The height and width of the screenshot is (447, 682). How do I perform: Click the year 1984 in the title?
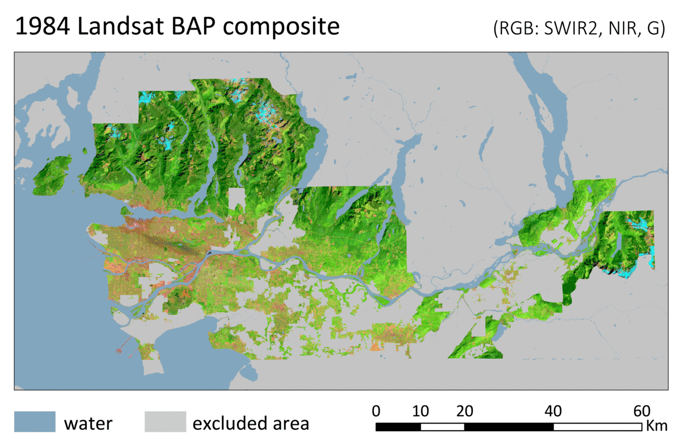pyautogui.click(x=43, y=27)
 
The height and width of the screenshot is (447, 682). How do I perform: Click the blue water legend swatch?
pyautogui.click(x=35, y=422)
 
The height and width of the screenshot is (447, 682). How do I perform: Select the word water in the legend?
pyautogui.click(x=88, y=424)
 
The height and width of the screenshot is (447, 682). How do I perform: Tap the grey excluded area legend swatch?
pyautogui.click(x=165, y=422)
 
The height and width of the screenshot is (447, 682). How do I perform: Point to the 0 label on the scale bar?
pyautogui.click(x=376, y=411)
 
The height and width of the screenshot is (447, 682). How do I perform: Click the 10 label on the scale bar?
pyautogui.click(x=421, y=411)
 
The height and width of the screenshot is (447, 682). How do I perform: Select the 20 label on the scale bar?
pyautogui.click(x=465, y=411)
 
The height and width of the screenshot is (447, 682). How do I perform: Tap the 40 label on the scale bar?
pyautogui.click(x=553, y=411)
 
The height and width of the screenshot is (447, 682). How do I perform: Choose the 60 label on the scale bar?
pyautogui.click(x=642, y=411)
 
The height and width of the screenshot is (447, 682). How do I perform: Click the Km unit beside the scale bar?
pyautogui.click(x=656, y=425)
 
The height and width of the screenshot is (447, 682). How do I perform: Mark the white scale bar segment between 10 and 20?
pyautogui.click(x=442, y=427)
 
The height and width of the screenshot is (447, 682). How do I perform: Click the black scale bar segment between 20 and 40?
pyautogui.click(x=509, y=427)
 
